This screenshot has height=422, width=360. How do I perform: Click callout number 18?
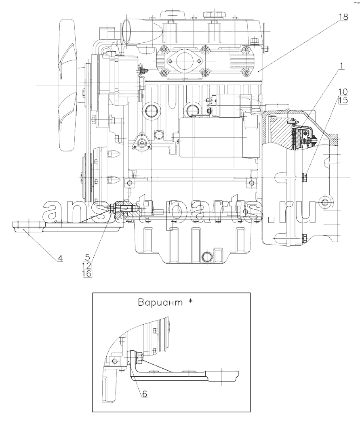343,17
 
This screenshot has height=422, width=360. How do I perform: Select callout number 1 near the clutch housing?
341,66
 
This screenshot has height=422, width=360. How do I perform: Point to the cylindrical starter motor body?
210,137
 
